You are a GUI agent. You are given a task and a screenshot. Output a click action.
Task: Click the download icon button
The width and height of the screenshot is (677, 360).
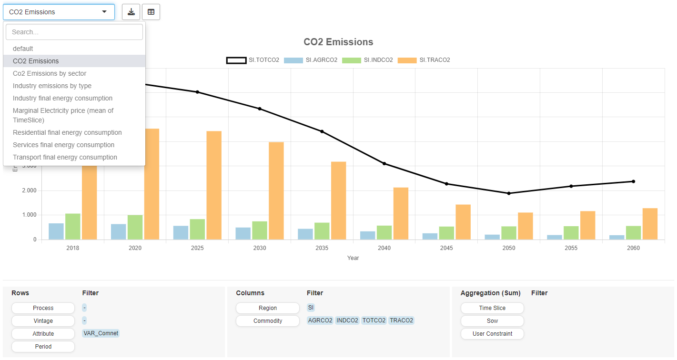[x=131, y=12]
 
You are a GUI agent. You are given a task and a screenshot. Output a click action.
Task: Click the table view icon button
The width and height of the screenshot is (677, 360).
[x=151, y=12]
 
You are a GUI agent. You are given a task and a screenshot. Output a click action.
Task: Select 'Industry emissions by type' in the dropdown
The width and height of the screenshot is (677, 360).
[x=52, y=86]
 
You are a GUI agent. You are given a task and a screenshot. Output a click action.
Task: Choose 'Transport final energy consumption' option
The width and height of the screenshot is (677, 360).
[x=65, y=157]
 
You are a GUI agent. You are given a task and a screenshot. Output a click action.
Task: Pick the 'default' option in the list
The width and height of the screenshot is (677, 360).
[x=23, y=49]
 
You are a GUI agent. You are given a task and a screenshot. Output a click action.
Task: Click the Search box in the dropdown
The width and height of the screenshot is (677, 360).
[x=74, y=32]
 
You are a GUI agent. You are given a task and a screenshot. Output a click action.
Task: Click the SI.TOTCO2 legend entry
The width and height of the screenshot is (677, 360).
[x=253, y=60]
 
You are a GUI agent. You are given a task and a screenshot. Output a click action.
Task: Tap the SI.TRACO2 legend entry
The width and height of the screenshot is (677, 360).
[x=424, y=60]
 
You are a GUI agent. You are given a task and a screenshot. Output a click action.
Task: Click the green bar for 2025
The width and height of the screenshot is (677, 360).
[x=197, y=229]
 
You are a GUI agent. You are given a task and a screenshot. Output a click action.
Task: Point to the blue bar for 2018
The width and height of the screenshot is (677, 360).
[x=56, y=231]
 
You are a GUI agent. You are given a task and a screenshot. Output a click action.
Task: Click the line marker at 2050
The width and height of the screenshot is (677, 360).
[x=509, y=193]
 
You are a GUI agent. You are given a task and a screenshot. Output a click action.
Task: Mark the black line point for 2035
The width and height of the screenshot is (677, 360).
[x=322, y=131]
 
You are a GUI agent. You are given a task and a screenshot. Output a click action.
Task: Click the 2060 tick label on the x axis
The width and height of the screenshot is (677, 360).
[x=633, y=248]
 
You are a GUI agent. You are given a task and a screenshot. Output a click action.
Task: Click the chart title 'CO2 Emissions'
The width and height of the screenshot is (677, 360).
[x=338, y=42]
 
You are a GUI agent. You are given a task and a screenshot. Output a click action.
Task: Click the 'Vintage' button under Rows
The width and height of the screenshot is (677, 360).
[x=43, y=321]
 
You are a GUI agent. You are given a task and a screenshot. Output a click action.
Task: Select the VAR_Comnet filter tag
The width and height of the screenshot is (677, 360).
[x=101, y=333]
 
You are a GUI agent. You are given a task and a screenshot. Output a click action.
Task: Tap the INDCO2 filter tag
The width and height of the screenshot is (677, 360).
[x=347, y=320]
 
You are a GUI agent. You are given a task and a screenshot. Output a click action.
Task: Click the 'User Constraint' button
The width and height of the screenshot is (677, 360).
[x=492, y=334]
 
